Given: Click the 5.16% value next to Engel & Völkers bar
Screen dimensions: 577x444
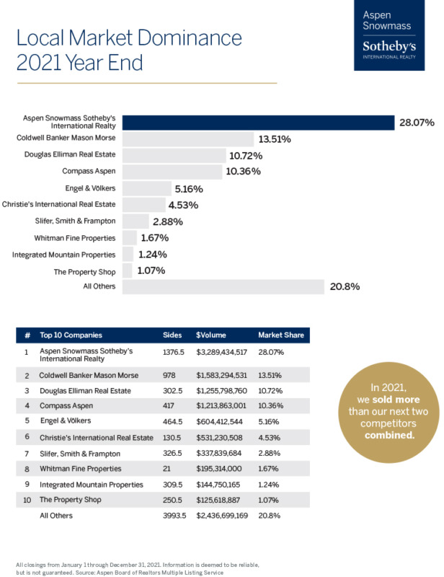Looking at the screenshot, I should click(x=188, y=189).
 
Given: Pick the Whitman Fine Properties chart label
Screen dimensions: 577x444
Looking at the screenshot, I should click(x=75, y=238).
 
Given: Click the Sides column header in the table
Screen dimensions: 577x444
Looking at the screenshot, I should click(x=172, y=335).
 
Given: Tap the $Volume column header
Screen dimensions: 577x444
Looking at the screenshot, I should click(x=213, y=335).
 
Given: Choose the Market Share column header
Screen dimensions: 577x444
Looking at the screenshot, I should click(x=281, y=335).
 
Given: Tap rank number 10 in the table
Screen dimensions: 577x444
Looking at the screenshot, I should click(x=27, y=500).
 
